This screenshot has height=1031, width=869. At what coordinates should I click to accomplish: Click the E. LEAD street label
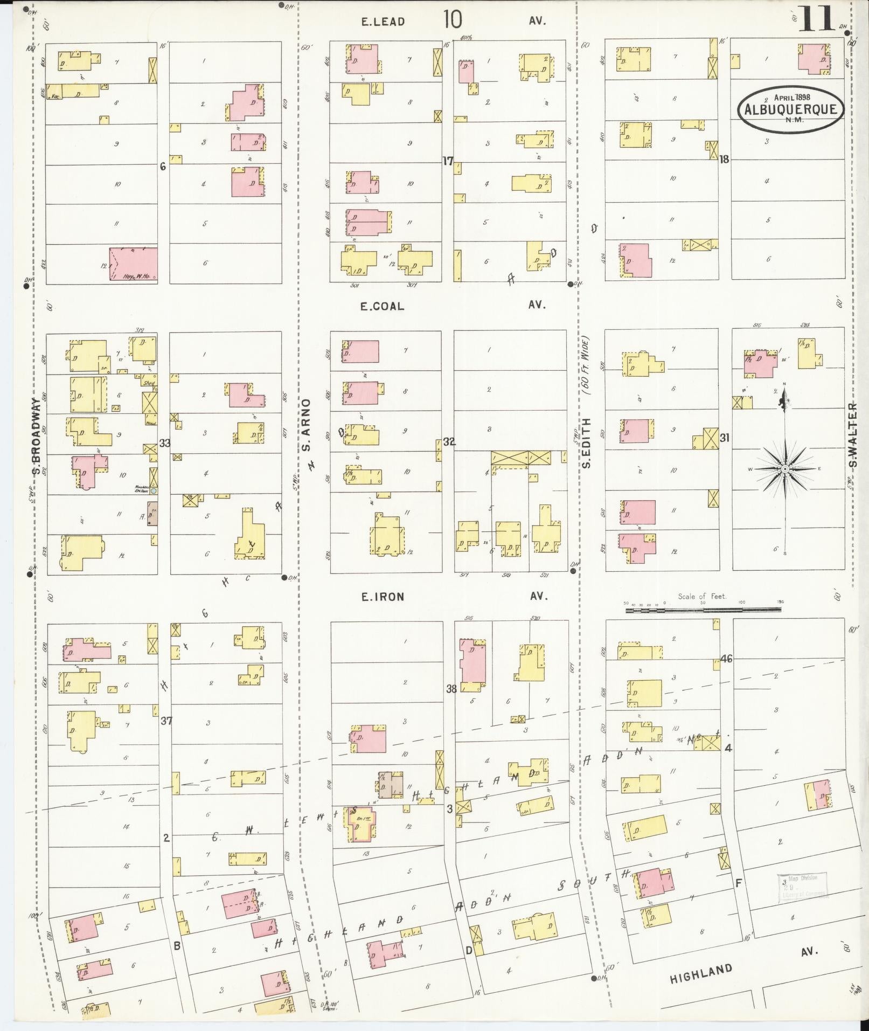tap(383, 22)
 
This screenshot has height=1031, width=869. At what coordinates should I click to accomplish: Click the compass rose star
tap(785, 468)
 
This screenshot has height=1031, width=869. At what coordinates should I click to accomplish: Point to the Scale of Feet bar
tap(703, 610)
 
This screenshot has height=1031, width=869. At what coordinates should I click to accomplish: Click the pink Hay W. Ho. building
tap(134, 264)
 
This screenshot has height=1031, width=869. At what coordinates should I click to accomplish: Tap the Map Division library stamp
tap(801, 888)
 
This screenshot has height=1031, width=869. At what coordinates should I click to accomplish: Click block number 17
tap(448, 161)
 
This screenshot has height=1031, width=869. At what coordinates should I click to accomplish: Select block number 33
tap(164, 443)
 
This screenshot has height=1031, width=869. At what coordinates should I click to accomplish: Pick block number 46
tap(726, 658)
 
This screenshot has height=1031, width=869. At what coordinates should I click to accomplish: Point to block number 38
tap(451, 688)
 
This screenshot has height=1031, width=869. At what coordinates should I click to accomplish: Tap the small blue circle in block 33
tap(154, 491)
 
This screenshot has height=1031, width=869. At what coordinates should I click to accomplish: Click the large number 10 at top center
tap(453, 19)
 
